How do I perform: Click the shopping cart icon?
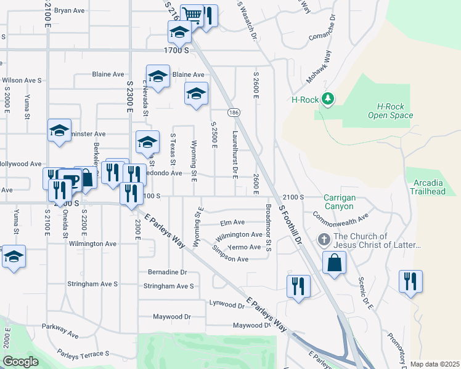pyautogui.click(x=193, y=15)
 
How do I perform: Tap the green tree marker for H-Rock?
pyautogui.click(x=328, y=98)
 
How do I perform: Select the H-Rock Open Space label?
pyautogui.click(x=390, y=111)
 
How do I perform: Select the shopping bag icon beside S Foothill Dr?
pyautogui.click(x=333, y=263)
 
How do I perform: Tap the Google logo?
pyautogui.click(x=20, y=361)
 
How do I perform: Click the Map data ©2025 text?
pyautogui.click(x=434, y=364)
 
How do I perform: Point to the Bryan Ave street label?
pyautogui.click(x=69, y=10)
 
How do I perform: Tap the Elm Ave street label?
pyautogui.click(x=232, y=222)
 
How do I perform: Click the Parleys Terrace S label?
pyautogui.click(x=83, y=354)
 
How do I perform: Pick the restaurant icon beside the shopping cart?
pyautogui.click(x=208, y=15)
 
